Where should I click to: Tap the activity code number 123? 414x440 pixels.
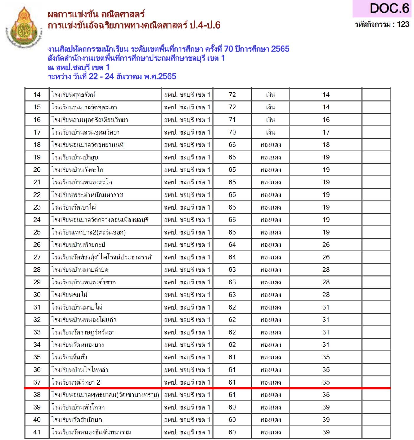(403, 24)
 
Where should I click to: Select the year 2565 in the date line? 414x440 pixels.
(167, 76)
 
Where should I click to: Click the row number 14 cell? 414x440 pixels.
(37, 95)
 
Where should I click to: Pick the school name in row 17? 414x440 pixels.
(85, 132)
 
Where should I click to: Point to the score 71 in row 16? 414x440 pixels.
(232, 120)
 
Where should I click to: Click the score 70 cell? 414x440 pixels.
(232, 132)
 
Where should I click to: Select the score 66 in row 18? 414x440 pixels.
(232, 145)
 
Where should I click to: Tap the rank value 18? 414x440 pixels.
(326, 145)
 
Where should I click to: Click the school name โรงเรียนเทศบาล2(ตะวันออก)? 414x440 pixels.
(89, 232)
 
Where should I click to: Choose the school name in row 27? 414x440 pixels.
(102, 257)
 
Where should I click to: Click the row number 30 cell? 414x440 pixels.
(37, 295)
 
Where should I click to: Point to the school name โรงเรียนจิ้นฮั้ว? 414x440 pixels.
(69, 357)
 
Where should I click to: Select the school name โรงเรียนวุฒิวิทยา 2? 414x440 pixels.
(76, 382)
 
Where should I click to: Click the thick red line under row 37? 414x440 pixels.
(207, 388)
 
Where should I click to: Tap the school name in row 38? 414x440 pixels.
(105, 395)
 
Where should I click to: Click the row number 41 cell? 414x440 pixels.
(37, 432)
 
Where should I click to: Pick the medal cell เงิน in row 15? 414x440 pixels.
(270, 107)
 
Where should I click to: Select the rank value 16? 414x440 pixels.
(326, 120)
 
